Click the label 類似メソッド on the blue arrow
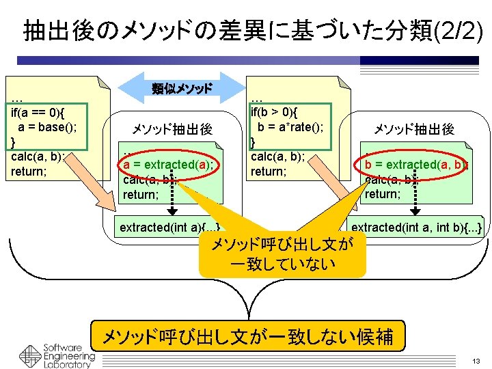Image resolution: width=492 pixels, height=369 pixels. [x=182, y=88]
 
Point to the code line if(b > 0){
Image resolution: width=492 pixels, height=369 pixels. [x=279, y=111]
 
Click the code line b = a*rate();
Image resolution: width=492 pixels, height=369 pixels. [x=290, y=126]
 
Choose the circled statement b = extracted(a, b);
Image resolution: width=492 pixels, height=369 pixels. [x=415, y=165]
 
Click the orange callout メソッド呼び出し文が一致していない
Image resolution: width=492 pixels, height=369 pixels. [x=282, y=254]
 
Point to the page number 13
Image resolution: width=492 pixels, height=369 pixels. [x=476, y=360]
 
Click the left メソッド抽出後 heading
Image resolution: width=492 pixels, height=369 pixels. [x=172, y=129]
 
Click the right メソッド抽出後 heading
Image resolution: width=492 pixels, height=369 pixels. [x=413, y=129]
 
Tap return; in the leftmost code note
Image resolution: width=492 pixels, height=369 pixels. [x=29, y=172]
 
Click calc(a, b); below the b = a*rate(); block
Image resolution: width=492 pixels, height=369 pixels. [x=278, y=156]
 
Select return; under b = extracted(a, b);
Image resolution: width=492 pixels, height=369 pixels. [x=383, y=194]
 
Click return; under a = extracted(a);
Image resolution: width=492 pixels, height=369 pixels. [x=141, y=195]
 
